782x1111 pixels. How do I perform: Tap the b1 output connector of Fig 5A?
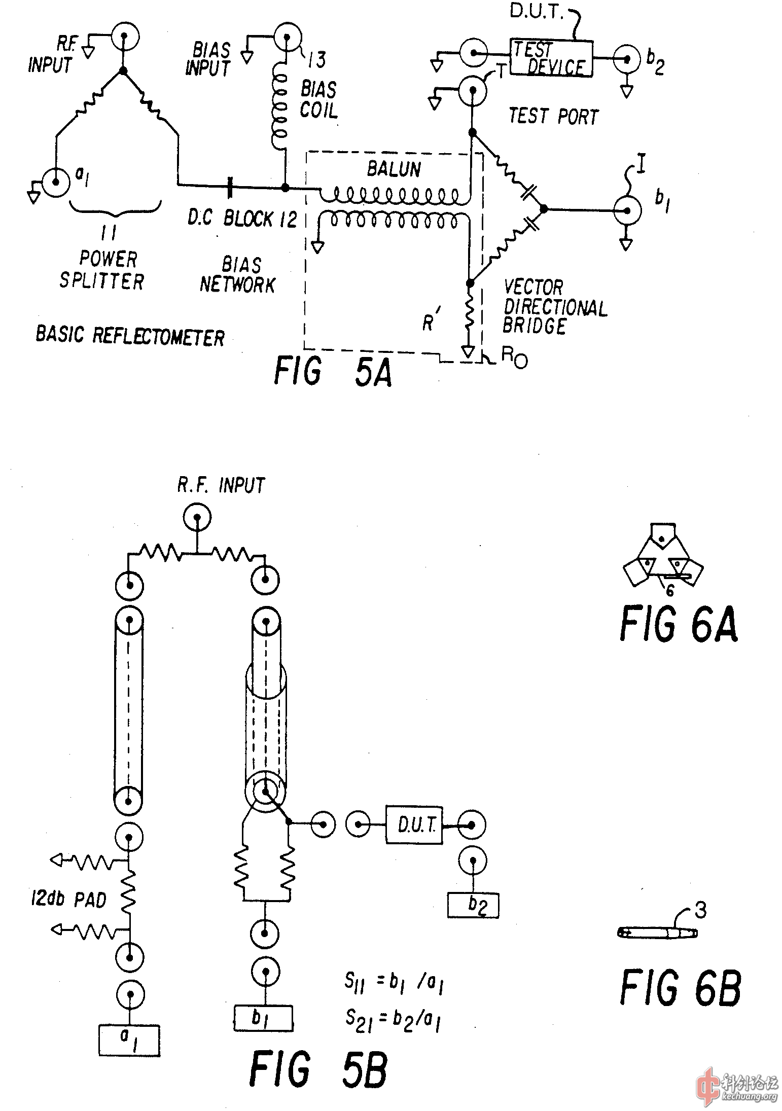[628, 210]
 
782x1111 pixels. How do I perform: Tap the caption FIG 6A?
[679, 625]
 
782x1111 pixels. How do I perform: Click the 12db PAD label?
[69, 900]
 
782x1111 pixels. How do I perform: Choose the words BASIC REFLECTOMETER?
[130, 336]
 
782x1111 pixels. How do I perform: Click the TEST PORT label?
[553, 116]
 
